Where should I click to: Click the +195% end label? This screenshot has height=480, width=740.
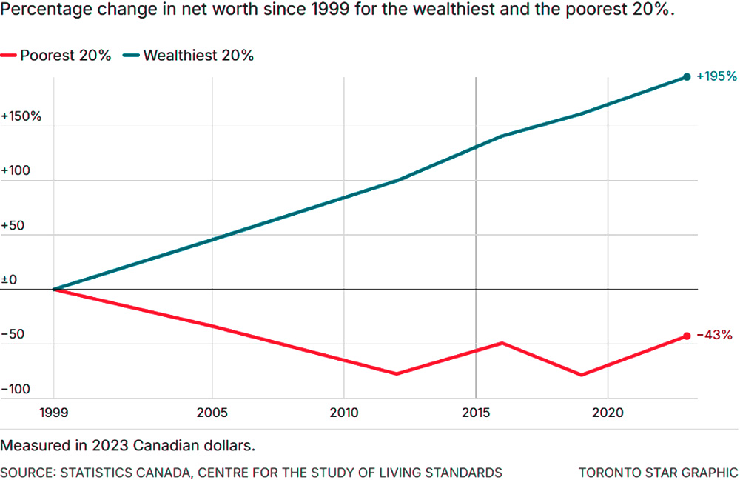point(716,76)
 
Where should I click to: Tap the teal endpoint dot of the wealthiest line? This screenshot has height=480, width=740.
point(687,77)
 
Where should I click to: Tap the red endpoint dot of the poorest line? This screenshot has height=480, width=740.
point(687,336)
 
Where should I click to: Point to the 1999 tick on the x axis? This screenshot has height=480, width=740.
point(53,410)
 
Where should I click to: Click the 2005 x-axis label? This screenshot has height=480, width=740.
point(212,410)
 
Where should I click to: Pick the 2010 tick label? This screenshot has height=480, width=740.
point(344,410)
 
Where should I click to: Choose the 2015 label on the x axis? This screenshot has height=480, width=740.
point(476,410)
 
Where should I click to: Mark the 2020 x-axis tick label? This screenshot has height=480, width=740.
point(607,410)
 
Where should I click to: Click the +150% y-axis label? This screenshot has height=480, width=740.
point(21,117)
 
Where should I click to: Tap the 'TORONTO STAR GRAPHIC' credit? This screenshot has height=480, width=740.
point(658,472)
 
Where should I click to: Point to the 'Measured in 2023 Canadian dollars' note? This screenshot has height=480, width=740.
point(127,445)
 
